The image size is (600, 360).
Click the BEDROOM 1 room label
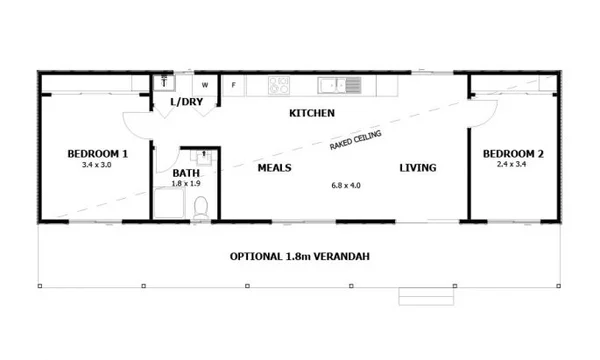[x=97, y=153]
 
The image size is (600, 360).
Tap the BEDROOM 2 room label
[x=513, y=153]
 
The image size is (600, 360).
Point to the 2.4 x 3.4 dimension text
[x=513, y=164]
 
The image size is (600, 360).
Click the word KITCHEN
[x=311, y=113]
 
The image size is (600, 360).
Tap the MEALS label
[x=274, y=168]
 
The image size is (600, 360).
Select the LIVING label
[x=418, y=168]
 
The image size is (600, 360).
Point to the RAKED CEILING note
[x=356, y=138]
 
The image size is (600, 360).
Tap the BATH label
[x=187, y=156]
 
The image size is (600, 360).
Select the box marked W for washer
[x=206, y=86]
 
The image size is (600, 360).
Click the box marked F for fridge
[x=233, y=86]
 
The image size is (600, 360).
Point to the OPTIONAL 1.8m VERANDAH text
[x=300, y=256]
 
